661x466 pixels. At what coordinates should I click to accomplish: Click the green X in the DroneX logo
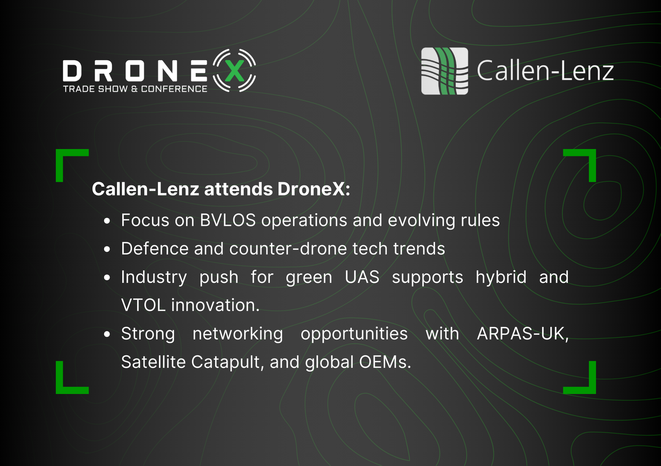[234, 71]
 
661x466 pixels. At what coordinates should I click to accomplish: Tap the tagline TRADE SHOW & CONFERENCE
[135, 89]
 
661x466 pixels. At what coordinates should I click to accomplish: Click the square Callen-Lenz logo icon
[445, 71]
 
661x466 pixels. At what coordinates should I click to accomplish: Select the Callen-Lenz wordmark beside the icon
[545, 70]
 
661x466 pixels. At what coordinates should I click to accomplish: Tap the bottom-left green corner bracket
[61, 388]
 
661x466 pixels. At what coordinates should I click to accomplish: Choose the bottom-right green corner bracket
[591, 388]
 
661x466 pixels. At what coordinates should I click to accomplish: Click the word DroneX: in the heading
[314, 189]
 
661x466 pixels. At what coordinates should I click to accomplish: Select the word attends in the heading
[238, 189]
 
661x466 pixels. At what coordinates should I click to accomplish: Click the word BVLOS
[228, 220]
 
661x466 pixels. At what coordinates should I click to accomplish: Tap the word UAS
[362, 277]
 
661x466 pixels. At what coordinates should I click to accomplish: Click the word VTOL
[143, 305]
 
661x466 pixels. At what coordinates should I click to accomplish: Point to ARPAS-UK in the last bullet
[523, 334]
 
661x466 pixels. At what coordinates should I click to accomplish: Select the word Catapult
[227, 362]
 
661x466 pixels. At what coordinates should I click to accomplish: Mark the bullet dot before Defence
[107, 249]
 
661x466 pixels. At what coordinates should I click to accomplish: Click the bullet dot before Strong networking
[107, 334]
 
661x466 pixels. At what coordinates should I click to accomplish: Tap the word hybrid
[501, 277]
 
